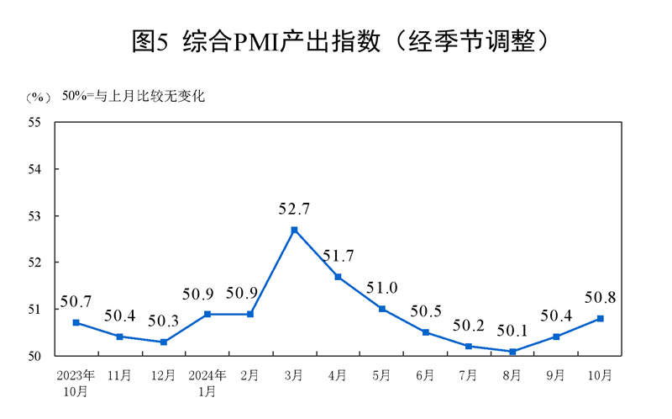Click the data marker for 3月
coord(294,230)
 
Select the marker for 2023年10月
coord(76,322)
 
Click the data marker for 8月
coord(512,351)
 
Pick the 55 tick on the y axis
coord(35,122)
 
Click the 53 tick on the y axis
coord(35,215)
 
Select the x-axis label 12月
coord(163,374)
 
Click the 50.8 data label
coord(600,297)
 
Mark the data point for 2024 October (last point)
coord(600,318)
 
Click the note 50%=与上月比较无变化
coord(133,96)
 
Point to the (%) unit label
coord(37,97)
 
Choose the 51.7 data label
coord(339,256)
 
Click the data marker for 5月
coord(381,309)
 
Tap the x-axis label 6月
coord(425,374)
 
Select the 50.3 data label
coord(163,321)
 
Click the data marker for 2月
coord(250,314)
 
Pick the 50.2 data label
coord(469,325)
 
